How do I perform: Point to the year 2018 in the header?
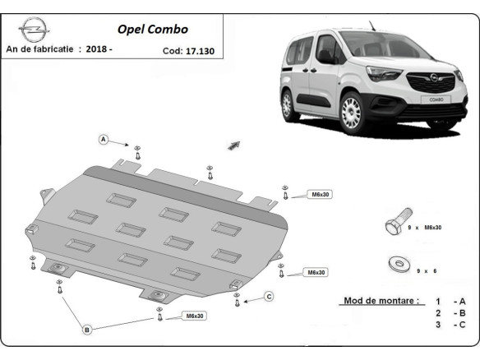pos(97,50)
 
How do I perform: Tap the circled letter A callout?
pos(104,139)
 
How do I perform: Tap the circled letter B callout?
pos(87,330)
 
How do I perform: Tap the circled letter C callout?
pos(268,296)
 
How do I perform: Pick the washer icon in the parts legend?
pos(398,265)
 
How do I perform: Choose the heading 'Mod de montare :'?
pos(381,301)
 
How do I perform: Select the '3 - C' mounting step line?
pos(450,325)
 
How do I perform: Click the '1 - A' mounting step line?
pos(450,301)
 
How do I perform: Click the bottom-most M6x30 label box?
pos(195,316)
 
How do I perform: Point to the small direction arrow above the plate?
pos(233,145)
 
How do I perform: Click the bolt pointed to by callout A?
pos(138,151)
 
